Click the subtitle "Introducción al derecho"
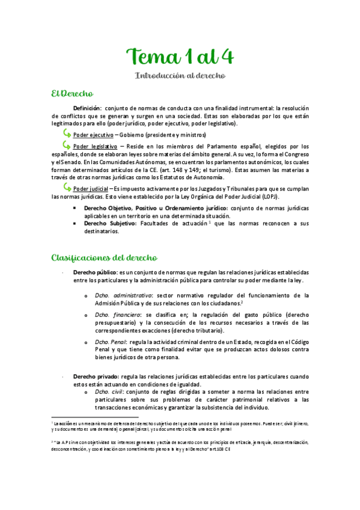click(180, 76)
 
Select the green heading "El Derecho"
click(72, 94)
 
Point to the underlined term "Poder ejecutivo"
click(92, 134)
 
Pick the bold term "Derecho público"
click(94, 272)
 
